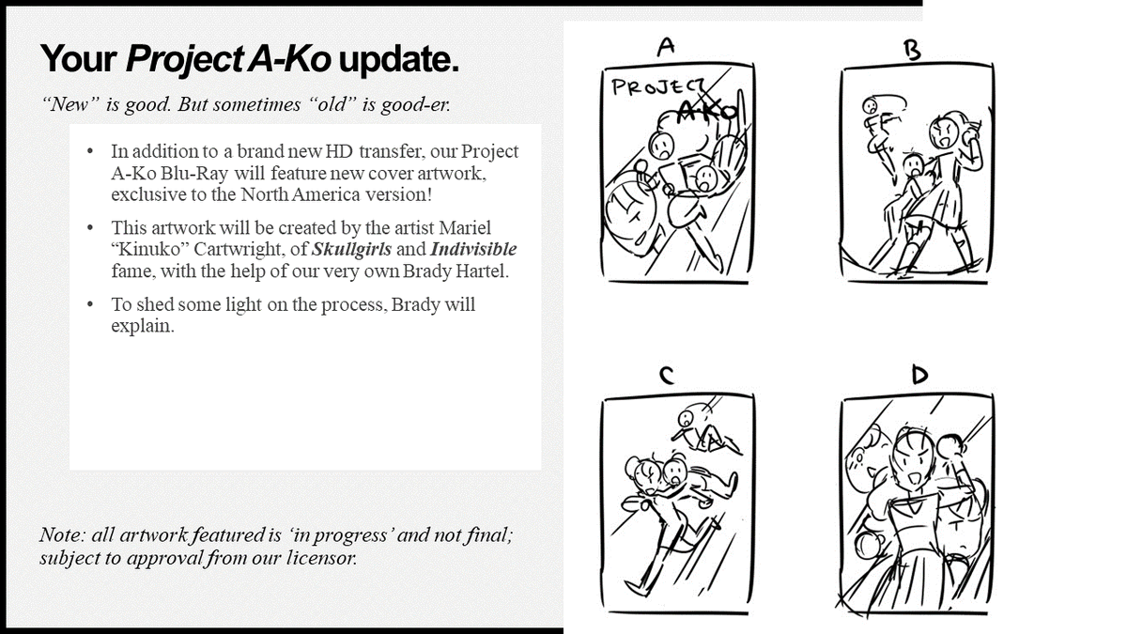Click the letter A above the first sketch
666,47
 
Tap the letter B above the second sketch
912,51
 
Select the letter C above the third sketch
666,376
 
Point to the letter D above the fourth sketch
919,375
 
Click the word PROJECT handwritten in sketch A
657,87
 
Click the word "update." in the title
399,59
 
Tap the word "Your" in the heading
79,59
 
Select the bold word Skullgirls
351,249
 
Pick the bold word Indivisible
473,249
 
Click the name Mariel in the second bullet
464,228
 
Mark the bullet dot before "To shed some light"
90,304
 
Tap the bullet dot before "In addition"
90,151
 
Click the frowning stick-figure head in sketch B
869,106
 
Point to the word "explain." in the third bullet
143,326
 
